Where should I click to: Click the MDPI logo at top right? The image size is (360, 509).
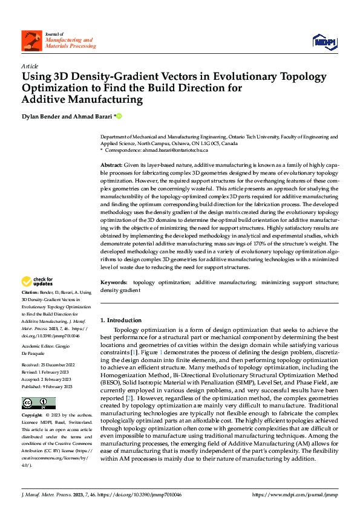(x=324, y=41)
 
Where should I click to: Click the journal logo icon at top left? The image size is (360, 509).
(x=31, y=41)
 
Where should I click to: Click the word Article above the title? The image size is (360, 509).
(x=30, y=66)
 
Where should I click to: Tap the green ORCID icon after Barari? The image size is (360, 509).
(x=119, y=115)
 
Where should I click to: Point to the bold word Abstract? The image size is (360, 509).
(x=111, y=165)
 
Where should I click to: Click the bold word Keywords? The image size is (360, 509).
(x=114, y=282)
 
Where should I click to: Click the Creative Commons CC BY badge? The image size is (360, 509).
(x=38, y=403)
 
